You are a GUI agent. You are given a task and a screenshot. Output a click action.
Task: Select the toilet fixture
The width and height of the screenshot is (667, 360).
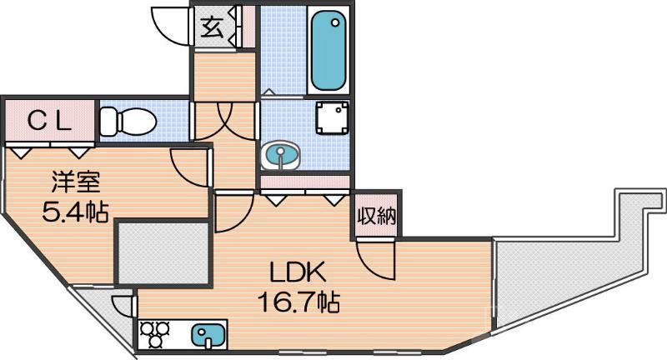pyautogui.click(x=127, y=122)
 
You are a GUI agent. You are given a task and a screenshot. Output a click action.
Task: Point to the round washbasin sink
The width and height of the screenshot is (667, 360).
pyautogui.click(x=283, y=156)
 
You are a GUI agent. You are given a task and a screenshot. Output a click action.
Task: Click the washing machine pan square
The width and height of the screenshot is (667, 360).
pyautogui.click(x=332, y=118)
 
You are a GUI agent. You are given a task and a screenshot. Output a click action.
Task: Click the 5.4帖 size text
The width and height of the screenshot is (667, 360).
pyautogui.click(x=75, y=211)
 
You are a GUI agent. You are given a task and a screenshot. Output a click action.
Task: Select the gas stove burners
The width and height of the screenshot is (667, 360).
pyautogui.click(x=156, y=334)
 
